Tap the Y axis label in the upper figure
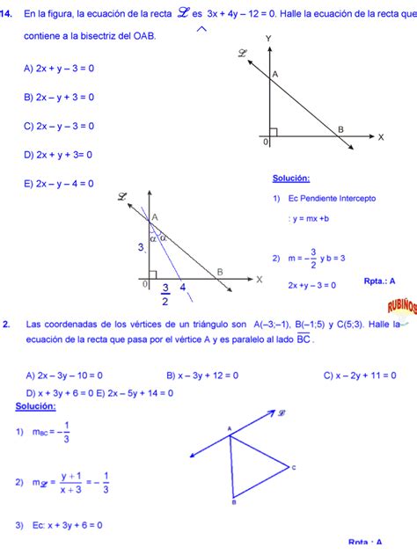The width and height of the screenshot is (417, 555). (x=268, y=38)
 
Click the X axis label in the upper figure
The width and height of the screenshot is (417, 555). (x=381, y=137)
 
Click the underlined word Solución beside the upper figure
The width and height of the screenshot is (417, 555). (x=291, y=179)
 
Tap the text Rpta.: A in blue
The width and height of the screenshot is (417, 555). (x=379, y=281)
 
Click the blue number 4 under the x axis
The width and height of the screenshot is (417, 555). (x=182, y=287)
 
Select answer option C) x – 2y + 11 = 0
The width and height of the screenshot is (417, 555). (x=359, y=375)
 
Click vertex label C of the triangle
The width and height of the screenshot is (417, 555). (x=293, y=467)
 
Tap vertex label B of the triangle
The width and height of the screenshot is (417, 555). (x=233, y=502)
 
